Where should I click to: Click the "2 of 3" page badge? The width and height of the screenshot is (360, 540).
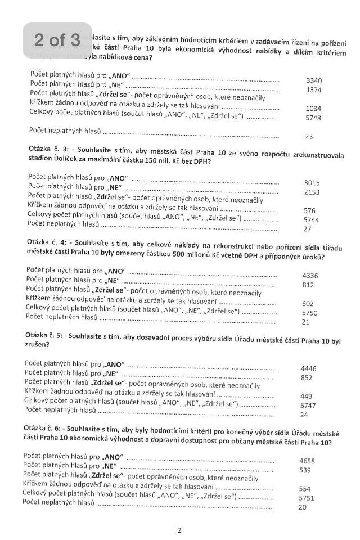pos(57,40)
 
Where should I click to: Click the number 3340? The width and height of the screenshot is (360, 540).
pos(314,80)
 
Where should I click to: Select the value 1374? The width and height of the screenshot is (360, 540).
pos(314,90)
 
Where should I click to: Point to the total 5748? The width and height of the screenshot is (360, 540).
pos(313,118)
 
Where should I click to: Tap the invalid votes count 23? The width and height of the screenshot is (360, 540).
pos(309,136)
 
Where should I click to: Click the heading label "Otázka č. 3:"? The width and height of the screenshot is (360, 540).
pos(44,148)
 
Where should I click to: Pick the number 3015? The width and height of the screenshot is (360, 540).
pos(312,183)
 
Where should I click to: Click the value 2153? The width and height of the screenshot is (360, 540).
pos(312,192)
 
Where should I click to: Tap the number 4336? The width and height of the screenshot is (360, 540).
pos(310,276)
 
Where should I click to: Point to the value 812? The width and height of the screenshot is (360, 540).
pos(308,285)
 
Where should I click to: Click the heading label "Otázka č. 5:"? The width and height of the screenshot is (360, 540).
pos(43,335)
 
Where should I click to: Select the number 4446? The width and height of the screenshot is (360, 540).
pos(309,369)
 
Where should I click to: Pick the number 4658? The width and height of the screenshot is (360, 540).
pos(307,461)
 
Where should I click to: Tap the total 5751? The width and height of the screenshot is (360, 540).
pos(307,498)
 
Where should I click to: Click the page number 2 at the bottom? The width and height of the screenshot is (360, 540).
pos(179,530)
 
